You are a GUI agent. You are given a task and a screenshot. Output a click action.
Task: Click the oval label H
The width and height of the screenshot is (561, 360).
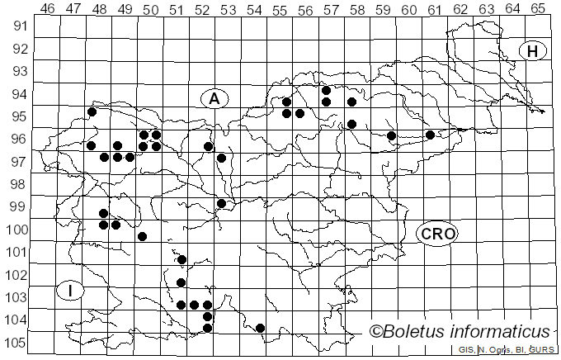tap(533, 51)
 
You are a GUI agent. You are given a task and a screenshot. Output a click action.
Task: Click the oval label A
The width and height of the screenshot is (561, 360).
tap(214, 99)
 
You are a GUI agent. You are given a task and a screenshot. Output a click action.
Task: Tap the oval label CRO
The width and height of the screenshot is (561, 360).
tap(437, 234)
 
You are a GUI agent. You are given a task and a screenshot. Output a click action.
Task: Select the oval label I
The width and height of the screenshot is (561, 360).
tap(72, 291)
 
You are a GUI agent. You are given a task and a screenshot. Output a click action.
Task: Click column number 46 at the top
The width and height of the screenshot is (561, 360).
tap(48, 9)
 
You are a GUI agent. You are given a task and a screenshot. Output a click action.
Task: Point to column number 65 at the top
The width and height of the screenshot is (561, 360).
tap(539, 9)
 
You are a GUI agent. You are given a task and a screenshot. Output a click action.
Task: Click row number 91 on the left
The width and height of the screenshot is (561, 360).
tap(17, 26)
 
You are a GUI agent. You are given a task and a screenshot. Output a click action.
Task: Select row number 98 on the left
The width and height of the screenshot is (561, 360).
tap(17, 184)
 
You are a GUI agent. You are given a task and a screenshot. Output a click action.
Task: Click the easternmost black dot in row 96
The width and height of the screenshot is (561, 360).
tap(430, 135)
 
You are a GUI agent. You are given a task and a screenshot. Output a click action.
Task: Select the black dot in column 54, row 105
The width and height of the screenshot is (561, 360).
tap(260, 328)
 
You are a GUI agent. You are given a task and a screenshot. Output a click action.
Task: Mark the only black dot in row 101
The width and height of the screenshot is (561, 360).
tap(181, 259)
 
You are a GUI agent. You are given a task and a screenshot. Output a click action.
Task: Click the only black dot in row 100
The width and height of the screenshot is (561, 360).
tap(142, 236)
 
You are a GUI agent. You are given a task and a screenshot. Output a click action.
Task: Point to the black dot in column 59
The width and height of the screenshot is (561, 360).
tap(391, 135)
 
